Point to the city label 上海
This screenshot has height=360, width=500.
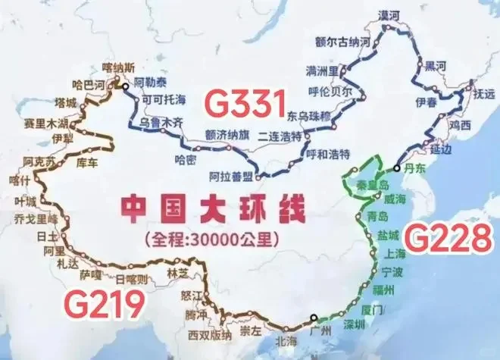[396, 254]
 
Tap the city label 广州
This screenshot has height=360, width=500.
[318, 331]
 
